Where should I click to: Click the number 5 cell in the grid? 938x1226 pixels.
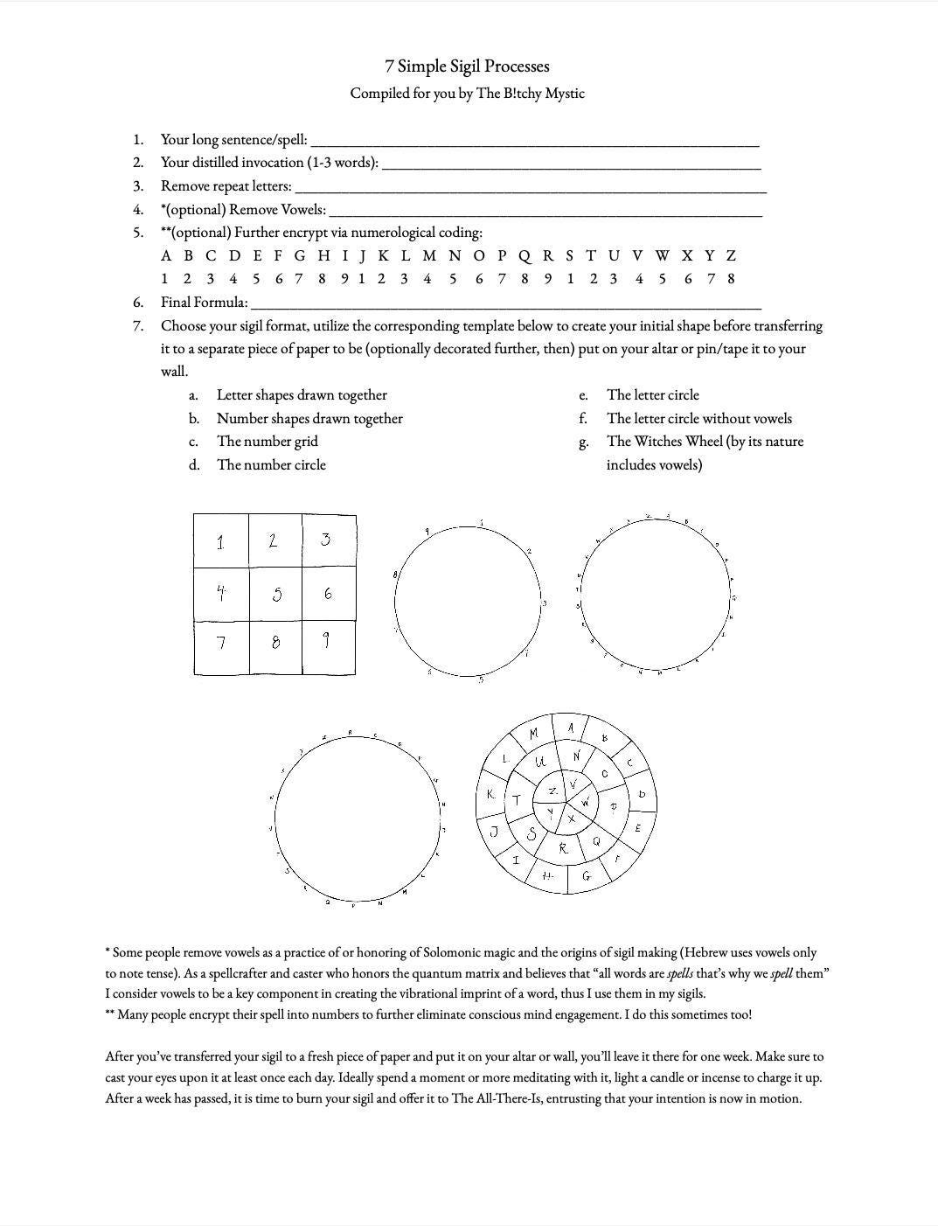click(x=276, y=594)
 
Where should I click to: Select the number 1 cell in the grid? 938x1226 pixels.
click(x=221, y=540)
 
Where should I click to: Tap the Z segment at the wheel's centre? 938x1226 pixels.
click(x=552, y=791)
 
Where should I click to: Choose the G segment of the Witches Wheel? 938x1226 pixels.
click(x=587, y=875)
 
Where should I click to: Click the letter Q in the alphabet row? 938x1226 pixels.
click(x=525, y=256)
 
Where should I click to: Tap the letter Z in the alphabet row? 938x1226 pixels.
click(x=731, y=256)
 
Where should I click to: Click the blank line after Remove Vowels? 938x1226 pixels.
click(x=545, y=211)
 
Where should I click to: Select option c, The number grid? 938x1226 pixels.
click(x=267, y=442)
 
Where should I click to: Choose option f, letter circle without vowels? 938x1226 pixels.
click(x=698, y=419)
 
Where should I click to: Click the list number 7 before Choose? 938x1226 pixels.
click(x=138, y=326)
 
